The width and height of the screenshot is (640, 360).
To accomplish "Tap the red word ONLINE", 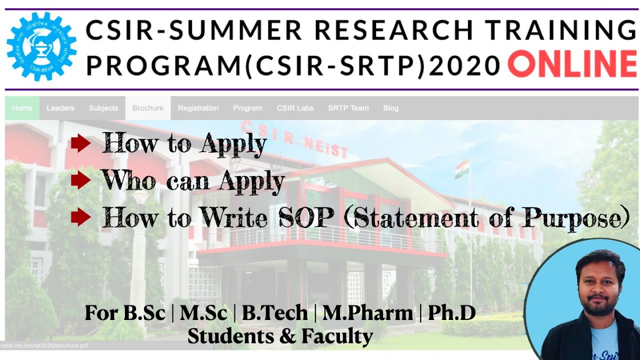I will pyautogui.click(x=572, y=65).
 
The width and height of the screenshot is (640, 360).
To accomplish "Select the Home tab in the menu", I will pyautogui.click(x=22, y=108).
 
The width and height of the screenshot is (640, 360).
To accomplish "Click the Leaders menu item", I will pyautogui.click(x=60, y=108).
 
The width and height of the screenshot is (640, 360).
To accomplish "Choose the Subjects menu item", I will pyautogui.click(x=103, y=108).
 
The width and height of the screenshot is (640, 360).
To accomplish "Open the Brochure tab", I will pyautogui.click(x=148, y=108).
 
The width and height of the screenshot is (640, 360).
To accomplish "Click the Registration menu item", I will pyautogui.click(x=198, y=108).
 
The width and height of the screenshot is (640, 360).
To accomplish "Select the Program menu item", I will pyautogui.click(x=247, y=108).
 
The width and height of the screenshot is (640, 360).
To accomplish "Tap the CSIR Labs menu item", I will pyautogui.click(x=295, y=108).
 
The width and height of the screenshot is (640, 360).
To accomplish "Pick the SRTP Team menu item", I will pyautogui.click(x=348, y=108).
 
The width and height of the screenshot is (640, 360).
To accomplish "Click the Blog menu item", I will pyautogui.click(x=391, y=108).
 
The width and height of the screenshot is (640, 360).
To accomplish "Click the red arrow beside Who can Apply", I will pyautogui.click(x=80, y=180).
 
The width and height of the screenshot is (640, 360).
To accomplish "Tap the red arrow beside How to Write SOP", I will pyautogui.click(x=80, y=217).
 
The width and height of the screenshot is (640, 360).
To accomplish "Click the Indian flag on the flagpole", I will pyautogui.click(x=462, y=168).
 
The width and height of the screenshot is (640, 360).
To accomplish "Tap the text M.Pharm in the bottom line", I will pyautogui.click(x=367, y=313).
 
